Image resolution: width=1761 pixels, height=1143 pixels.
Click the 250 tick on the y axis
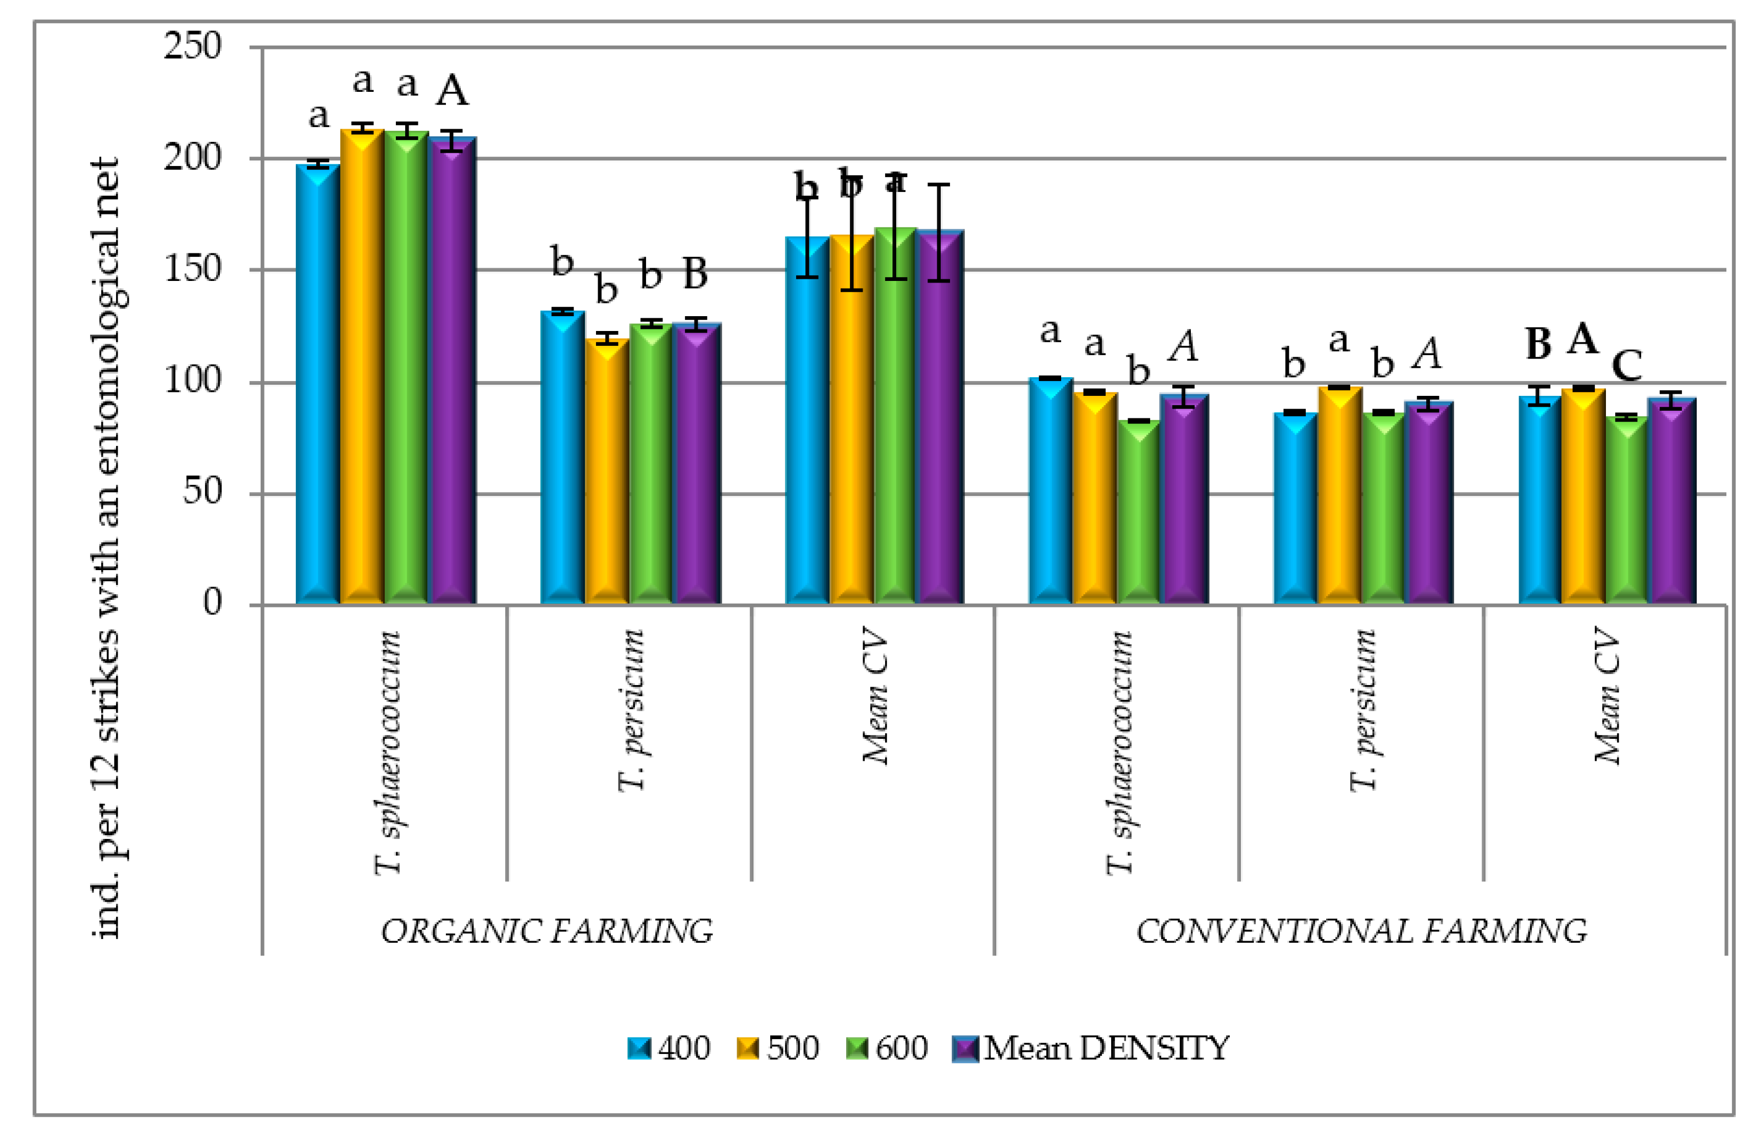(192, 47)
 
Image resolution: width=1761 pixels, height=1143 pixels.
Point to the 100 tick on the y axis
(192, 381)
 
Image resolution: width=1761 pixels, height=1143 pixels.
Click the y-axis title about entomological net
(107, 548)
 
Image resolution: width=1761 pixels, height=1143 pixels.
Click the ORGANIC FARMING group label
(546, 931)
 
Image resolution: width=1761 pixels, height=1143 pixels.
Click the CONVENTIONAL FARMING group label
(1360, 931)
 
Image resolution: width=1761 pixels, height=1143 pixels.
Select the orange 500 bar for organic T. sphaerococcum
(362, 370)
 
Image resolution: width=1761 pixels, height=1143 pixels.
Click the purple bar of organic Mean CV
(940, 422)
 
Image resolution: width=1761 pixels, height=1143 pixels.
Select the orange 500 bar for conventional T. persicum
(1339, 496)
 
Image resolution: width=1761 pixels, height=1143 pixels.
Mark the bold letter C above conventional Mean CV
(1627, 365)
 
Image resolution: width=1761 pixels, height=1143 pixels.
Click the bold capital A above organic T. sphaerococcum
(451, 92)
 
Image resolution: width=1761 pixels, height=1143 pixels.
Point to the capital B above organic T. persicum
(695, 274)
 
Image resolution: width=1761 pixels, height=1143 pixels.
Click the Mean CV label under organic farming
(875, 695)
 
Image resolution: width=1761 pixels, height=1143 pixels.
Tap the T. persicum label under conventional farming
(1363, 710)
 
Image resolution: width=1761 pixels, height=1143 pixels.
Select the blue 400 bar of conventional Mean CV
(1539, 503)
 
